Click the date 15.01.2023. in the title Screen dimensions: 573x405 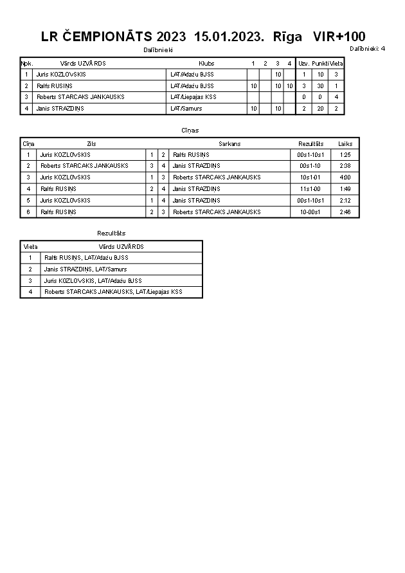click(229, 37)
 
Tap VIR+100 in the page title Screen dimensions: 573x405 click(339, 37)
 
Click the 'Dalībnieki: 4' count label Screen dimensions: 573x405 click(368, 49)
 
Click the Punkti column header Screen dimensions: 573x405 click(320, 64)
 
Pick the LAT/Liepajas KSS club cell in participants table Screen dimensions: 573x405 click(194, 97)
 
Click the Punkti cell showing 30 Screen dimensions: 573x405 click(320, 86)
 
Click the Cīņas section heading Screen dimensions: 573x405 click(190, 130)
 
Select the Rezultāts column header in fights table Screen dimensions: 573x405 click(311, 144)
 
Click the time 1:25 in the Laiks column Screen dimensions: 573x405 click(345, 155)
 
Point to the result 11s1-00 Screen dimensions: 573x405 click(310, 189)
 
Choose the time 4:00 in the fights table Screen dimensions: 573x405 click(345, 177)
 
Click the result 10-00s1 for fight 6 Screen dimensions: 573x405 click(310, 212)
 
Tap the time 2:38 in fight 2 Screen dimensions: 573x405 click(345, 166)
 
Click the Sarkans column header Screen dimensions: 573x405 click(230, 144)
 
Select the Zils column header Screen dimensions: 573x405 click(91, 144)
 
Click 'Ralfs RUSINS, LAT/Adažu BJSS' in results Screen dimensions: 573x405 click(86, 258)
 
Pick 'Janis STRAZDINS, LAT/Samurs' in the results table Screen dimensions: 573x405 click(85, 269)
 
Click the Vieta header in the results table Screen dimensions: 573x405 click(31, 246)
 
